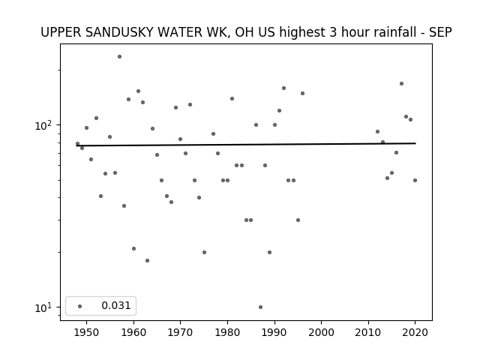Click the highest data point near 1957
[119, 57]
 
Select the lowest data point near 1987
[260, 307]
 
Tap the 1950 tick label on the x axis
[87, 332]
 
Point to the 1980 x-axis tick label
[227, 332]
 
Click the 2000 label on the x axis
[322, 332]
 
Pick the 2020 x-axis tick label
[415, 332]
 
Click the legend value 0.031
[116, 305]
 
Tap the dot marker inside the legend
[80, 306]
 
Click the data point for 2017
[401, 83]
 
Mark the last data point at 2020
[415, 180]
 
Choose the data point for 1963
[147, 260]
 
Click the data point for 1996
[302, 93]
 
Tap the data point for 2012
[377, 132]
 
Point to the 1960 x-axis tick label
[133, 332]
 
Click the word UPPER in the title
[61, 32]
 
